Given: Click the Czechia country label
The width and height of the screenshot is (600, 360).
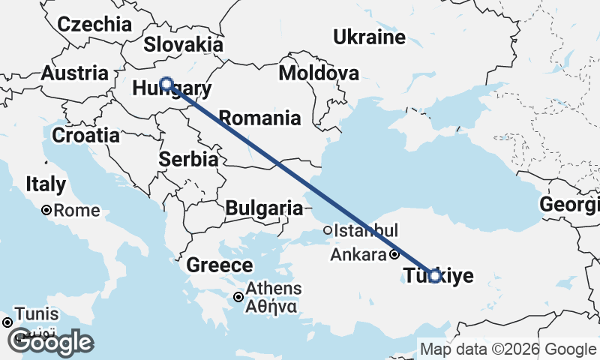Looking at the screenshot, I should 94,24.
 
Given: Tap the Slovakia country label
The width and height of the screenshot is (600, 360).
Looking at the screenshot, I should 184,43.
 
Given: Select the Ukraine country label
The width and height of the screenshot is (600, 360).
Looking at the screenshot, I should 369,37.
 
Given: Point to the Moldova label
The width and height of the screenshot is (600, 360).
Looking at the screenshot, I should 318,73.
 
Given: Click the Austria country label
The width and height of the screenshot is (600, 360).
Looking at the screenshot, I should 74,73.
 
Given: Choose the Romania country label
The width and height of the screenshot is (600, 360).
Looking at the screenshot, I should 259,118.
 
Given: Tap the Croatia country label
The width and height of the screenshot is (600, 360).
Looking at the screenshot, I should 85,136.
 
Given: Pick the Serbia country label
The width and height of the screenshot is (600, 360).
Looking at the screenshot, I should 188,160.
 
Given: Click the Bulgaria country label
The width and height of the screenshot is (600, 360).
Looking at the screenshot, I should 263,208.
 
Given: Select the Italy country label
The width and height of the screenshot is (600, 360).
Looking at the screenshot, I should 45,184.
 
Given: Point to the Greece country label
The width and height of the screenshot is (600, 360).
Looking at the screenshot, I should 219,265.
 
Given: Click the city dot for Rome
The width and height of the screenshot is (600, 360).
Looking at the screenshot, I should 46,211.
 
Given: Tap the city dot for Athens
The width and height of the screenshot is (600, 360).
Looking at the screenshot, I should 238,297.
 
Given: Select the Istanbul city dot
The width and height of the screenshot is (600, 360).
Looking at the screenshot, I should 327,230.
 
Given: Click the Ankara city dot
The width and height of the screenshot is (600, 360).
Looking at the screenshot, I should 394,255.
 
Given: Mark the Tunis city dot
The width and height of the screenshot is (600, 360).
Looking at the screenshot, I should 7,322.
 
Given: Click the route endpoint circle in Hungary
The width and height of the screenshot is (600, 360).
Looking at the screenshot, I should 166,84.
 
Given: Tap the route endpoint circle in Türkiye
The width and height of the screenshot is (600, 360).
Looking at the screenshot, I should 434,276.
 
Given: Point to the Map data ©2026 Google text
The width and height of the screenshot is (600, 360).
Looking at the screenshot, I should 507,349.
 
